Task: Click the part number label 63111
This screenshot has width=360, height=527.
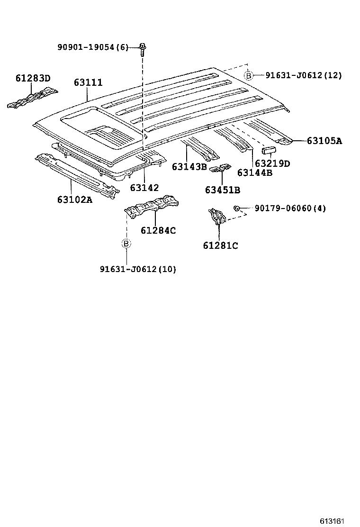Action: [x=88, y=82]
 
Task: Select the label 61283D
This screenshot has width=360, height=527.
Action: [x=33, y=78]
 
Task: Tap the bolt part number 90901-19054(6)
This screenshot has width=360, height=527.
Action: [x=93, y=47]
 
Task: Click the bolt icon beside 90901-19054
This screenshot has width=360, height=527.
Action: [x=142, y=47]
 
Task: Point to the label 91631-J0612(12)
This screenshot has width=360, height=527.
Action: [x=303, y=75]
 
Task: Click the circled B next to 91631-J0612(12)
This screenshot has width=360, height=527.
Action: [x=248, y=75]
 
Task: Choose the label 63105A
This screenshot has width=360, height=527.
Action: [x=324, y=141]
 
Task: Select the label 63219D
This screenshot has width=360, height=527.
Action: [x=272, y=164]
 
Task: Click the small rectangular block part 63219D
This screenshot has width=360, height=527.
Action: [x=269, y=151]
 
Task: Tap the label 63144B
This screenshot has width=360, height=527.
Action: [x=255, y=173]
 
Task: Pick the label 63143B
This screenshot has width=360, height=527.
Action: [x=189, y=166]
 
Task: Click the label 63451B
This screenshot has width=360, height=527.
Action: [x=223, y=190]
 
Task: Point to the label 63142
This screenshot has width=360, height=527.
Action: [x=144, y=188]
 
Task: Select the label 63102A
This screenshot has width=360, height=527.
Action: [x=75, y=200]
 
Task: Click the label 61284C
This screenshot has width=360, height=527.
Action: [x=158, y=231]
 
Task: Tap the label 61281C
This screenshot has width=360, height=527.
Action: [x=220, y=245]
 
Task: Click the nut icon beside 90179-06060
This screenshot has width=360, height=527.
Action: [x=235, y=208]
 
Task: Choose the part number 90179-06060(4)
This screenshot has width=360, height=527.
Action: [x=290, y=208]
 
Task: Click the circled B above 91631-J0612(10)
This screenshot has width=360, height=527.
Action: [x=126, y=244]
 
